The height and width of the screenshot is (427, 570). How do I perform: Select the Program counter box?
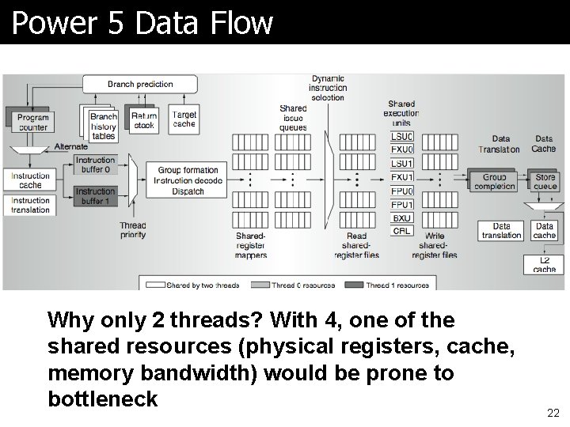[32, 123]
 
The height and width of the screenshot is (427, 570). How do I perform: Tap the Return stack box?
[144, 120]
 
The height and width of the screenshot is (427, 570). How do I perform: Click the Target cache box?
[184, 119]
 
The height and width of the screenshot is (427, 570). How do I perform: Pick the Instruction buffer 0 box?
[95, 164]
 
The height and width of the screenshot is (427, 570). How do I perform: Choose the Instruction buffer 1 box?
[95, 196]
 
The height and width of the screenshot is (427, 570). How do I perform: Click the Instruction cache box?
[30, 180]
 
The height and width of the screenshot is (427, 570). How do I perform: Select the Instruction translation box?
[30, 205]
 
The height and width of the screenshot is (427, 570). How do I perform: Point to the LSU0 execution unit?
[402, 136]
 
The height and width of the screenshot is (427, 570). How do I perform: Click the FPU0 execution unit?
[402, 191]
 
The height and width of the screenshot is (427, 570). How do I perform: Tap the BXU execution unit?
[402, 217]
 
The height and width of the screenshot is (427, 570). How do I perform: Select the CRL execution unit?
[402, 231]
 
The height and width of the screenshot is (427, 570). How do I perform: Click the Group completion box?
[494, 182]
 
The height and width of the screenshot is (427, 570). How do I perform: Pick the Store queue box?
[545, 182]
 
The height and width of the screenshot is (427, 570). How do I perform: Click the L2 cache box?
[544, 265]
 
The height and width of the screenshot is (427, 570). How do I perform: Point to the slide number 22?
[553, 413]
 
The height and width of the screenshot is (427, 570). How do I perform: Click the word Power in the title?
[47, 23]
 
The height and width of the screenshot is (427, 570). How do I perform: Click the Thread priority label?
[133, 230]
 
